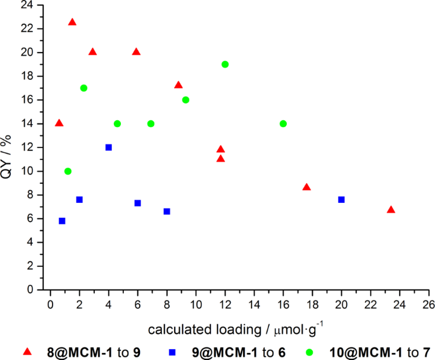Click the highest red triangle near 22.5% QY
[x=72, y=22]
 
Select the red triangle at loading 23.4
[x=391, y=210]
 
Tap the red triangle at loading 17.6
[x=307, y=187]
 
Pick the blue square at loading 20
[x=341, y=199]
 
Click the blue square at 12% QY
[x=108, y=147]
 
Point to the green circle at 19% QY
[x=225, y=64]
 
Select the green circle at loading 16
[x=283, y=124]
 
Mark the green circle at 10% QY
[x=68, y=171]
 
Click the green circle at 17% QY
[x=84, y=88]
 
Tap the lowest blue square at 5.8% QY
[x=62, y=221]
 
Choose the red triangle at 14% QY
[x=59, y=123]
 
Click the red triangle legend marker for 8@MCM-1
[x=27, y=351]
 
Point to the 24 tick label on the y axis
[x=28, y=5]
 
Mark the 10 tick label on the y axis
[x=28, y=171]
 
